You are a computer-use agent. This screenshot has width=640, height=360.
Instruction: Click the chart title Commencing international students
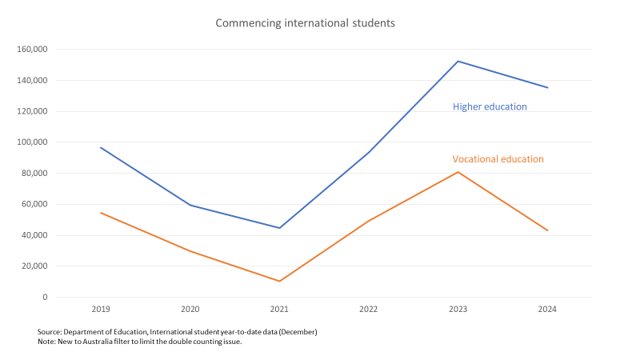point(305,23)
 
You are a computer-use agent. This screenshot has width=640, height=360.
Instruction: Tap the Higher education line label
point(490,106)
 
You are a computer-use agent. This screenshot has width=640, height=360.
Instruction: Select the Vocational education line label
point(498,158)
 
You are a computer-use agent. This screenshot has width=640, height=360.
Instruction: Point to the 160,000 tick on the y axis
point(32,50)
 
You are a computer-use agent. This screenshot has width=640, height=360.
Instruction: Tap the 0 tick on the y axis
point(45,298)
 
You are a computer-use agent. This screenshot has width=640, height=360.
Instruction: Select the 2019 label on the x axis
point(101,308)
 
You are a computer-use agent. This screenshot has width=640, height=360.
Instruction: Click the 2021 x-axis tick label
point(279,308)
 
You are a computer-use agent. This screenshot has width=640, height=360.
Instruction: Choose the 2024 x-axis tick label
point(547,308)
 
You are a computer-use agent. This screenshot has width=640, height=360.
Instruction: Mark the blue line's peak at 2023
point(458,61)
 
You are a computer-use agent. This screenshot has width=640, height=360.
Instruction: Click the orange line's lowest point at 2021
point(279,281)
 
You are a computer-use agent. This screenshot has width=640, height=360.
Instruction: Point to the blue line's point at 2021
point(279,228)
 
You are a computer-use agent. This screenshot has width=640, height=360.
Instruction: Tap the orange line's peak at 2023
point(458,172)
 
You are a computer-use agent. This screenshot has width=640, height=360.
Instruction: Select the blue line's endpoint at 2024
point(547,87)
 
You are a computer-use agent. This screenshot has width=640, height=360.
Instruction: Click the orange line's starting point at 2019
point(101,213)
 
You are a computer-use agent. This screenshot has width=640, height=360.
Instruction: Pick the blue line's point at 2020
point(190,205)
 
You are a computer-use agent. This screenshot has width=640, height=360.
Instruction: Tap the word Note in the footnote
point(46,342)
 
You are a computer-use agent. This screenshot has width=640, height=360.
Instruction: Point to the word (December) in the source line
point(298,331)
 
